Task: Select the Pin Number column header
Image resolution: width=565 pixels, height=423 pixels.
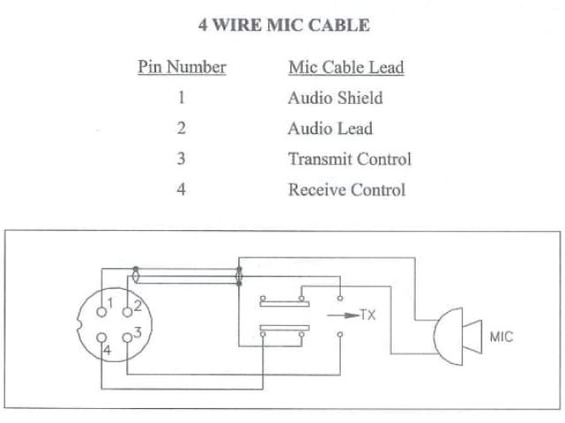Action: pos(182,67)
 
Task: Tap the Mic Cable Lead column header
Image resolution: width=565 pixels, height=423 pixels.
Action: pos(346,68)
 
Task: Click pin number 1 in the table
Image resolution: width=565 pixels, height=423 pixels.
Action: pos(181,98)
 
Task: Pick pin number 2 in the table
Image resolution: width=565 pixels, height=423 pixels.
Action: pos(181,129)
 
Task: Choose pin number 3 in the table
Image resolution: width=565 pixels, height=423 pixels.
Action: pos(181,160)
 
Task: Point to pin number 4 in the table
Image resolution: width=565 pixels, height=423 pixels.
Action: pos(181,189)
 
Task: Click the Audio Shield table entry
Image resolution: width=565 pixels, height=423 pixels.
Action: pos(335,98)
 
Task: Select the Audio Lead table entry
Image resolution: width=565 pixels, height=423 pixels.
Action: pos(330,129)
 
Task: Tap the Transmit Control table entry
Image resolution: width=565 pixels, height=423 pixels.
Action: pos(350,160)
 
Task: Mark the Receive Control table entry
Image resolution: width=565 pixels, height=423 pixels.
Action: pos(347,189)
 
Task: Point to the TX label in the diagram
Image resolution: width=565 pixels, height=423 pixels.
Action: pos(368,315)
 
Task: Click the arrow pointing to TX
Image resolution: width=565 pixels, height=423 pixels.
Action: pos(343,315)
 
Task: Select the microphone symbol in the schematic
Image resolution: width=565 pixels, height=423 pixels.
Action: pos(454,336)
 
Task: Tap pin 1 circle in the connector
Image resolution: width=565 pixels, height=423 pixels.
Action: pos(100,306)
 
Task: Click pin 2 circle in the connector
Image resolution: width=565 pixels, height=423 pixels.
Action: pos(127,308)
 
